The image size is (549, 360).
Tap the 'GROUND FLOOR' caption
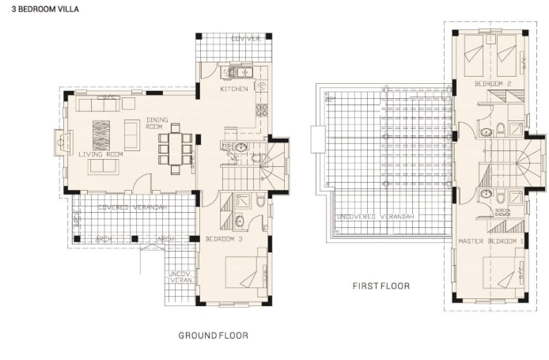pyautogui.click(x=213, y=335)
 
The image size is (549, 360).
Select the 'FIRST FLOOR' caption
pyautogui.click(x=381, y=285)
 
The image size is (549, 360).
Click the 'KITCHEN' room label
pyautogui.click(x=234, y=89)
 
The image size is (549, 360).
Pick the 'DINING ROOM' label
pyautogui.click(x=154, y=123)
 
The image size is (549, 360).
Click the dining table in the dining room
pyautogui.click(x=175, y=148)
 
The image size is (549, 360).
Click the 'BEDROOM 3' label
pyautogui.click(x=223, y=239)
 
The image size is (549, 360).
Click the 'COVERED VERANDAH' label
pyautogui.click(x=132, y=207)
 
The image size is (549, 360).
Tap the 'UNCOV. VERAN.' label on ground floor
pyautogui.click(x=180, y=278)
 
